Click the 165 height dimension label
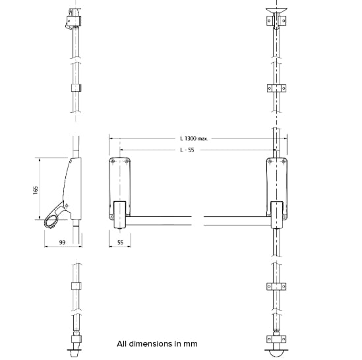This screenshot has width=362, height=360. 35,190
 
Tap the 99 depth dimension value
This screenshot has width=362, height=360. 62,243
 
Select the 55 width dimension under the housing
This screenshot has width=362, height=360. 120,243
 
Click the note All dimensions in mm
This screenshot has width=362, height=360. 157,344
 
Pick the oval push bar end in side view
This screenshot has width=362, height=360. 52,221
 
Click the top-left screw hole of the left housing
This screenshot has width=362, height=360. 113,162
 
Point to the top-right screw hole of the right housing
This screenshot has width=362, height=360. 284,162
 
